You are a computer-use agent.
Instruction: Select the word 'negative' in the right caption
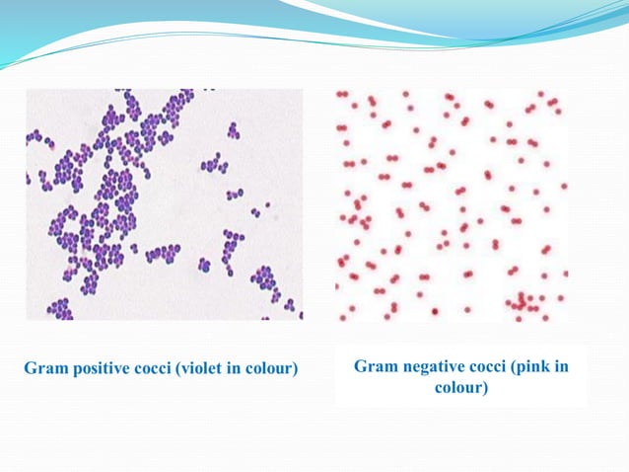pyautogui.click(x=430, y=367)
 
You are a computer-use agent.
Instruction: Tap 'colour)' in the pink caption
pyautogui.click(x=461, y=388)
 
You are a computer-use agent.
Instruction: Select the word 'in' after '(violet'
pyautogui.click(x=230, y=370)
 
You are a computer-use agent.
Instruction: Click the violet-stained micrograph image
pyautogui.click(x=164, y=204)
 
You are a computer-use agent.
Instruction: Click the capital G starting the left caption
pyautogui.click(x=30, y=370)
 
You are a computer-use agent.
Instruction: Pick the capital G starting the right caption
pyautogui.click(x=360, y=367)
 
